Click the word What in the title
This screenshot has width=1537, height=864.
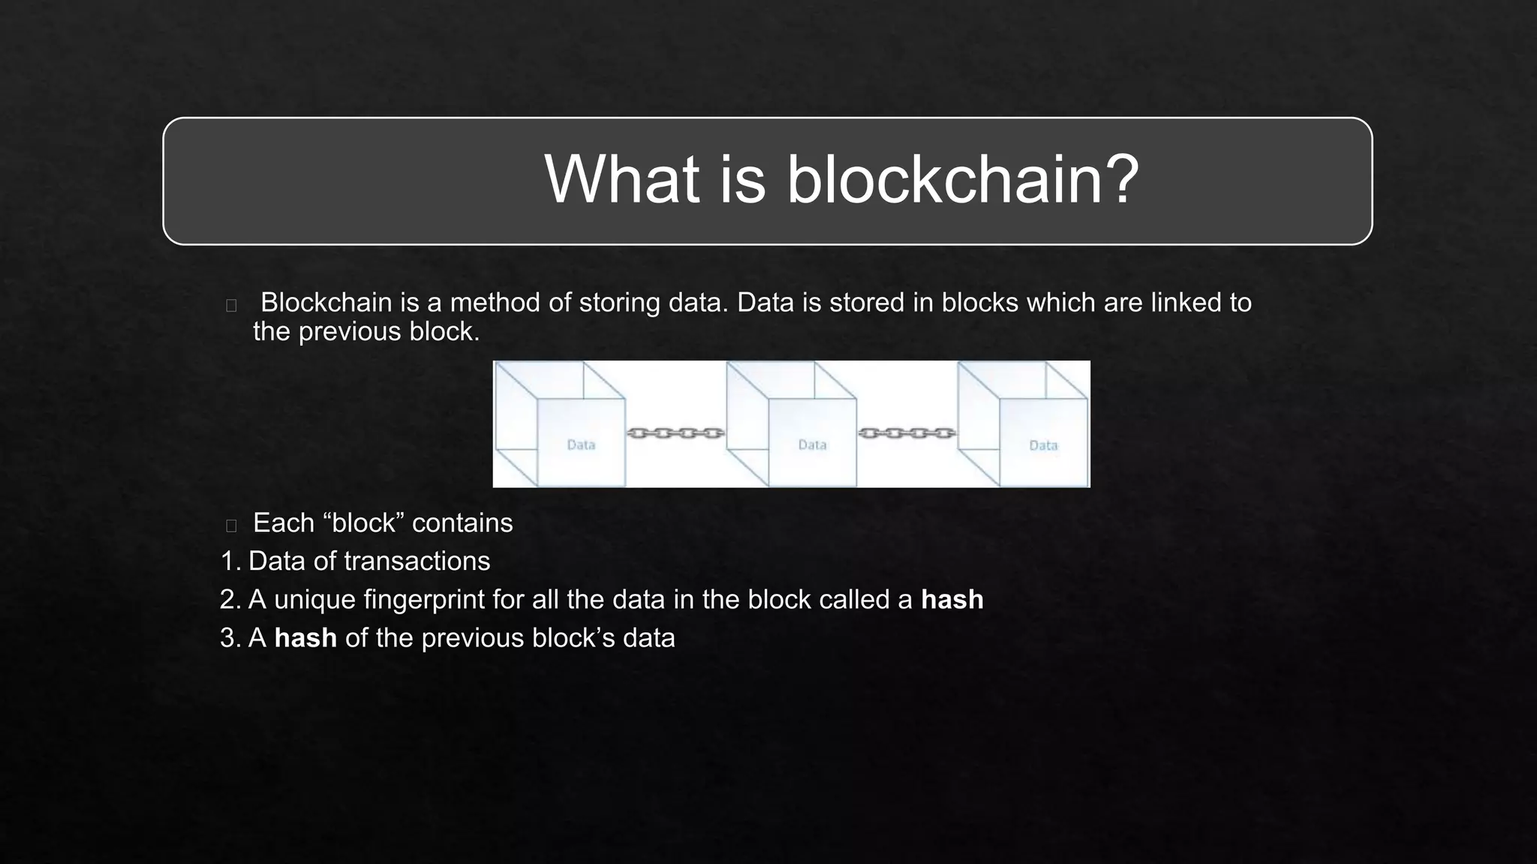[x=622, y=179]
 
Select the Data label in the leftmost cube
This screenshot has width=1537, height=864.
[x=581, y=445]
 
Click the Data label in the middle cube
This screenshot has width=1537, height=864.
[x=812, y=445]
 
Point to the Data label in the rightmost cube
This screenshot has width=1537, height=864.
[x=1043, y=445]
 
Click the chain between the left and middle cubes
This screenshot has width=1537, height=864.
[x=675, y=433]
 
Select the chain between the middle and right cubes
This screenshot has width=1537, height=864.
[x=907, y=433]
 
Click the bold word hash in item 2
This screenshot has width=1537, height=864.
[x=952, y=599]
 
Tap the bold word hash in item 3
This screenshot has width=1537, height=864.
[x=305, y=637]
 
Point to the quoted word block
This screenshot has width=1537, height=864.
[x=364, y=523]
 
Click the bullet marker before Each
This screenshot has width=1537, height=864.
[x=231, y=525]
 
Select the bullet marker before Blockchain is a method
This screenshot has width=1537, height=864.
[x=231, y=305]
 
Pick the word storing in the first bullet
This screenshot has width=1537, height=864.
[x=620, y=303]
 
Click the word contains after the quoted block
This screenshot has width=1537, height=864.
[x=462, y=523]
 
